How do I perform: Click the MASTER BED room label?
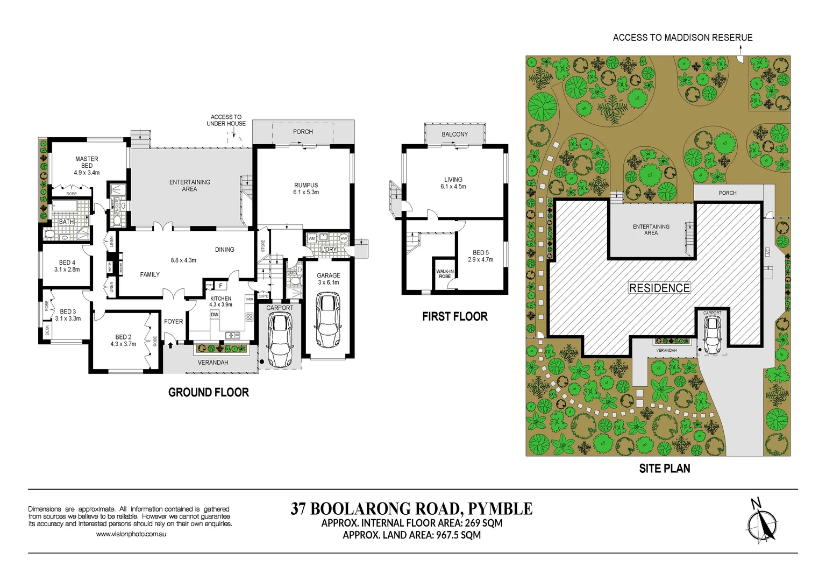[x=87, y=166]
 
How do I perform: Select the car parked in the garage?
[x=328, y=320]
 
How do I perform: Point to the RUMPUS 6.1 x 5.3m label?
[x=306, y=188]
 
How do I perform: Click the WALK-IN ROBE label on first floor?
[x=445, y=274]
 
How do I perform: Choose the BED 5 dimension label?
[x=480, y=256]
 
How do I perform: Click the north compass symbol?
[x=762, y=521]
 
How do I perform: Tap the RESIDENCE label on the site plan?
[x=659, y=288]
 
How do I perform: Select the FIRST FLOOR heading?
[x=454, y=316]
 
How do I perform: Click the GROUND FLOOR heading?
[x=208, y=392]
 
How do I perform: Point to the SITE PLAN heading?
[x=664, y=469]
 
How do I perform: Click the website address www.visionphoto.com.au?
[x=131, y=534]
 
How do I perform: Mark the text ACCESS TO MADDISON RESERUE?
[x=682, y=38]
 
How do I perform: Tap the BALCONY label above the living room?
[x=454, y=134]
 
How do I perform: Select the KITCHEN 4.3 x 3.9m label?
[x=220, y=301]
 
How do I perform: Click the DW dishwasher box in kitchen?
[x=215, y=315]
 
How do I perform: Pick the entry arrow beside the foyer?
[x=170, y=338]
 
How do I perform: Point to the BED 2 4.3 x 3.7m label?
[x=123, y=341]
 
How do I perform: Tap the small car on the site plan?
[x=712, y=335]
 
